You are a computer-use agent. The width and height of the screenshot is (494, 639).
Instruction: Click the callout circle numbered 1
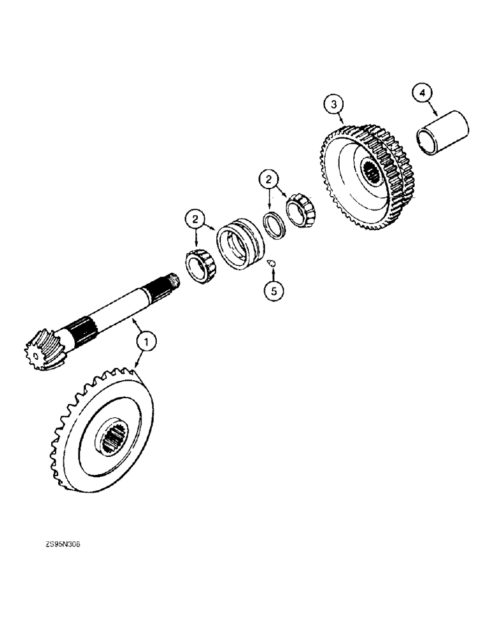click(148, 343)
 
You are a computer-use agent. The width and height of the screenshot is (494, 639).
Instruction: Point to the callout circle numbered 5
click(275, 290)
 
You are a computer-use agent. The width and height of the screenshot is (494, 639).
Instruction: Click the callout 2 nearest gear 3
click(269, 178)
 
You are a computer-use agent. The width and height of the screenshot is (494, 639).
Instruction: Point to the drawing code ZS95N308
click(63, 544)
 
